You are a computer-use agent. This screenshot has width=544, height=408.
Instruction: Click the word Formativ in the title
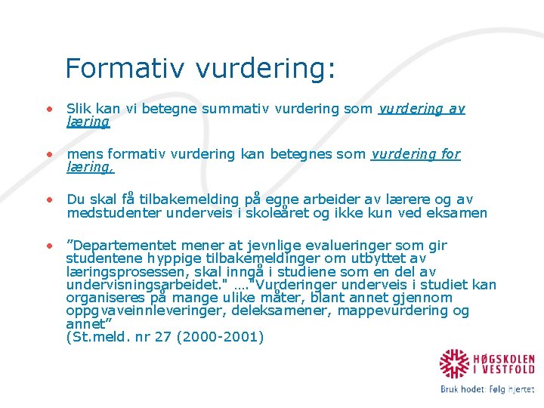click(x=125, y=69)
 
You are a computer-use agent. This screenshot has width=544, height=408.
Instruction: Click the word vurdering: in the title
click(x=265, y=69)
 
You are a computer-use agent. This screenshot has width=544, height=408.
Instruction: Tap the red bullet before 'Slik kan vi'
click(x=49, y=109)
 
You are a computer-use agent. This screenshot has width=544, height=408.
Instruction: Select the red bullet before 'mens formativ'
click(x=49, y=154)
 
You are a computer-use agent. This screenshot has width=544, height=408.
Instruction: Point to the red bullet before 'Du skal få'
click(x=49, y=199)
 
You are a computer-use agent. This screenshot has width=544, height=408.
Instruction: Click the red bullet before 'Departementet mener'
click(x=49, y=246)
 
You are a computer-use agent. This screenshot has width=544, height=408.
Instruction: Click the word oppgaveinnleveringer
click(x=134, y=311)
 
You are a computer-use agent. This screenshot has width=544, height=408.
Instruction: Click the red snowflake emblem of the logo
click(x=456, y=364)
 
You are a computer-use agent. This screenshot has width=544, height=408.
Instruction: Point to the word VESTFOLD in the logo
click(x=509, y=370)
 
